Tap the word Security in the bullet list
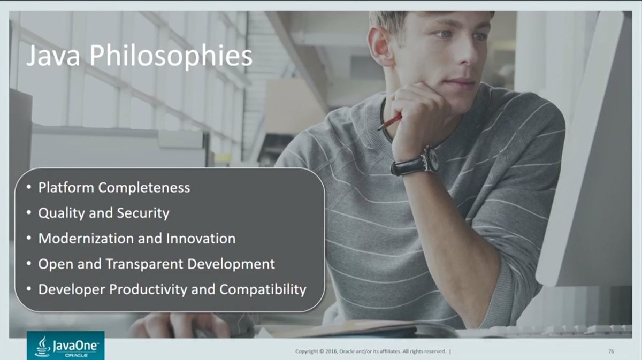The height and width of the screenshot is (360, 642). pos(143,213)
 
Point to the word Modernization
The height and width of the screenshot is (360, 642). pos(86,239)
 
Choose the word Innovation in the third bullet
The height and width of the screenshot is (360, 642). pos(201,239)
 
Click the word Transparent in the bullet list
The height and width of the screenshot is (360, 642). pos(144,264)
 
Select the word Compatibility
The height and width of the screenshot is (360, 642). pos(263,289)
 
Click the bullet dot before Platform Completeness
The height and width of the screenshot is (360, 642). pos(29,187)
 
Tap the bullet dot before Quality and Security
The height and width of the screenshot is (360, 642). pos(29,213)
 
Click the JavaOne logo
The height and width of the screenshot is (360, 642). pos(66,346)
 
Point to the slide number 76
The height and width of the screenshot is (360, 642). pos(611,351)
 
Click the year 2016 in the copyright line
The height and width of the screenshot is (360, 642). pos(332,351)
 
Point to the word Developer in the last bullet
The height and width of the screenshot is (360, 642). pos(72,290)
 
